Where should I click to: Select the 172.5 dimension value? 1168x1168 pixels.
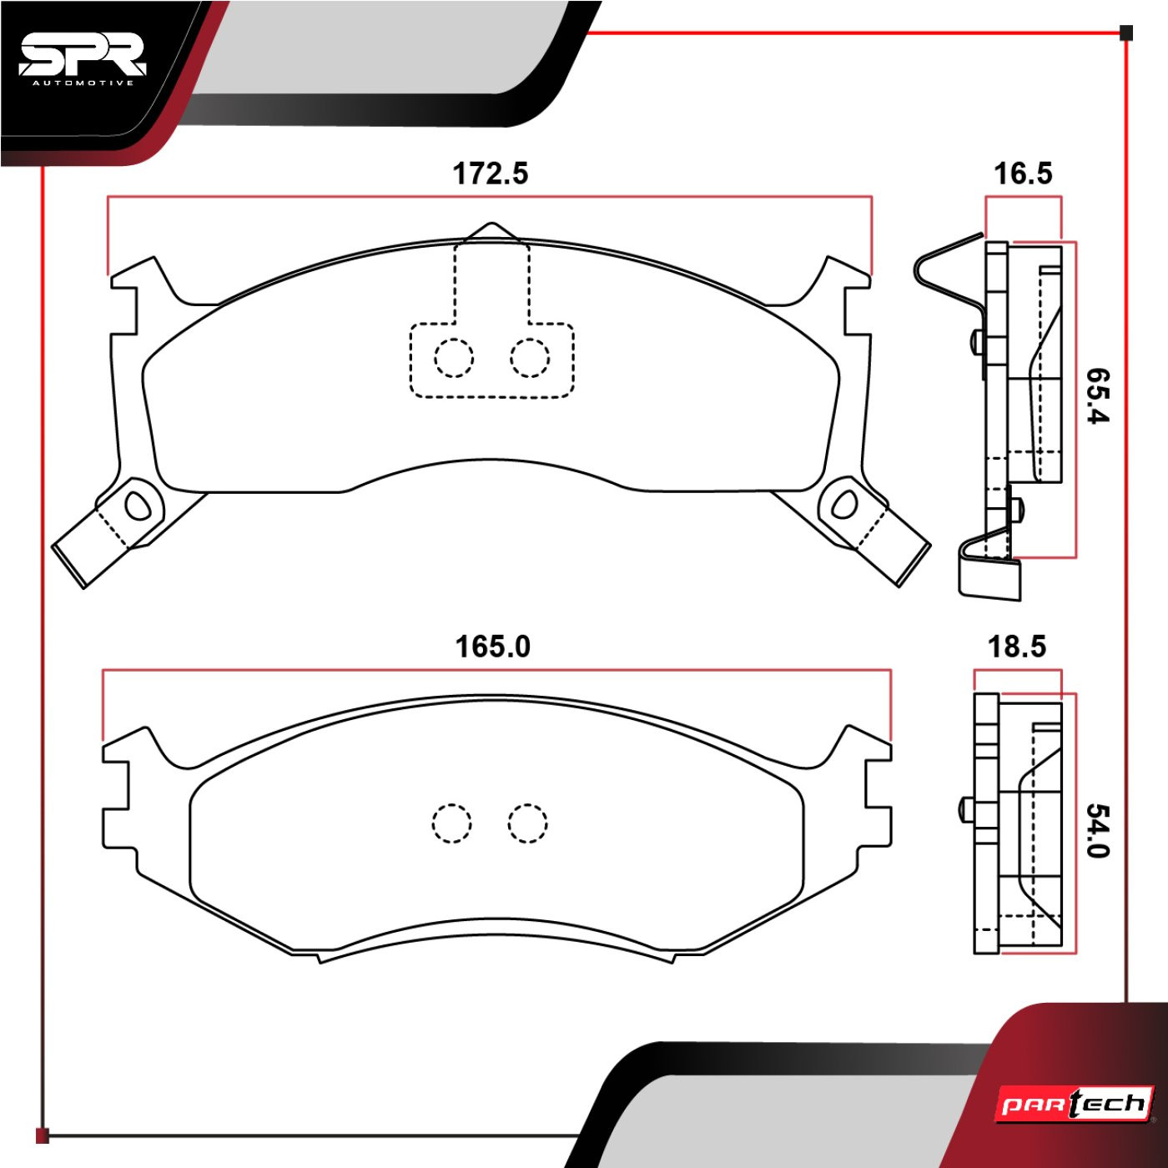pyautogui.click(x=491, y=174)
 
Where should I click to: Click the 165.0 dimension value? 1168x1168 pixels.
pyautogui.click(x=493, y=647)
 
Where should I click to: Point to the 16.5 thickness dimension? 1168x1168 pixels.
pyautogui.click(x=1023, y=174)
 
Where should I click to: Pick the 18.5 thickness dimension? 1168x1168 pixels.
pyautogui.click(x=1017, y=647)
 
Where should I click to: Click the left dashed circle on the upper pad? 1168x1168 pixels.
pyautogui.click(x=453, y=358)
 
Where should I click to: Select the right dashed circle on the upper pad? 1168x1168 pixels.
pyautogui.click(x=530, y=358)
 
